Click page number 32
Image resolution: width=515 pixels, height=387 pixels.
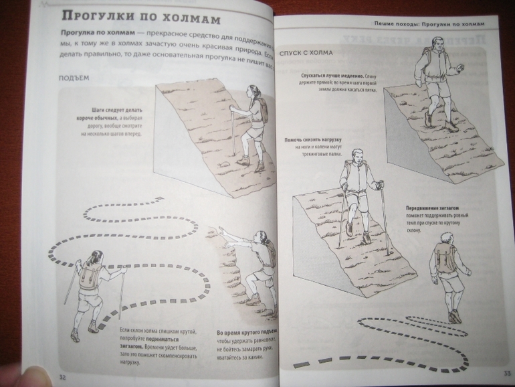[x=62, y=377]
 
